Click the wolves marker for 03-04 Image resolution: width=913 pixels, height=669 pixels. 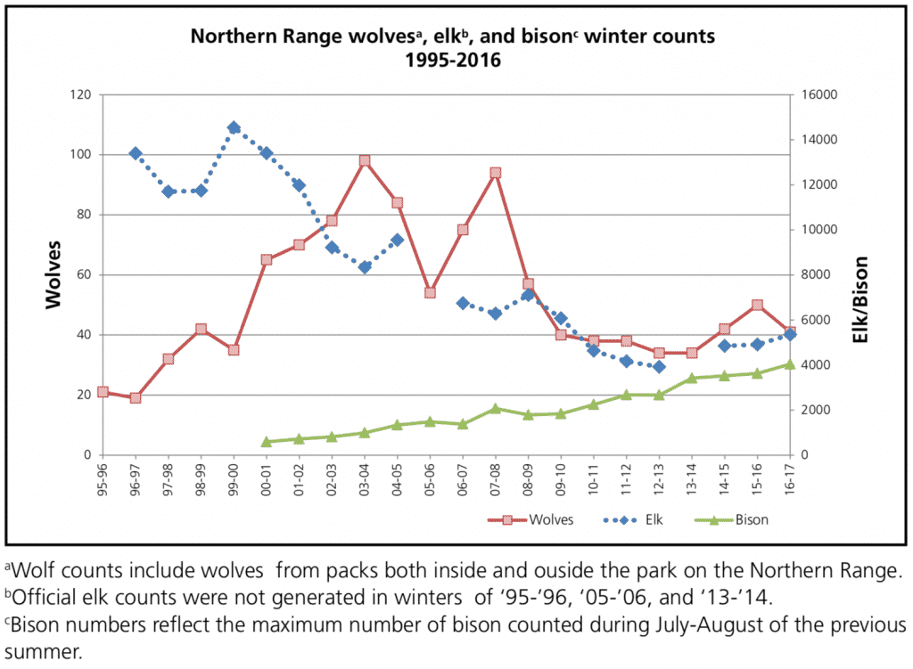click(x=365, y=161)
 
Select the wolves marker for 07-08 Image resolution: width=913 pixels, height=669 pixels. click(x=495, y=173)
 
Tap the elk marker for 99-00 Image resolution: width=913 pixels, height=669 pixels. click(x=234, y=127)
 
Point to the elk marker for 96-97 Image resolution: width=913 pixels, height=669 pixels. click(x=136, y=153)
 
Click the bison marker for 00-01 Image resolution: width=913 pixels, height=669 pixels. click(x=266, y=441)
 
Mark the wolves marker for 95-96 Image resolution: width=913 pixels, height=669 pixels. click(x=103, y=392)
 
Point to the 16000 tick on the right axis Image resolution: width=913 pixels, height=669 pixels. click(x=818, y=94)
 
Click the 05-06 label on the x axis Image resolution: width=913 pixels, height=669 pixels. click(x=430, y=478)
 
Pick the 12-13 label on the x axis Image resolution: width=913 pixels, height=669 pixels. click(x=659, y=478)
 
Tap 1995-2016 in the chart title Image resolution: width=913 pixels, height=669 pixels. click(x=453, y=61)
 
